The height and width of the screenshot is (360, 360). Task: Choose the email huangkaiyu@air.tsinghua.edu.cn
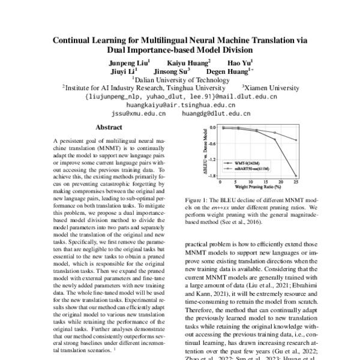click(x=181, y=104)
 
